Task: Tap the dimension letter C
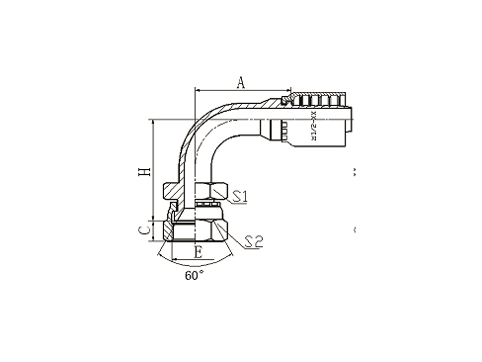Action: coord(145,229)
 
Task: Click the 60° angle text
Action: coord(194,275)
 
